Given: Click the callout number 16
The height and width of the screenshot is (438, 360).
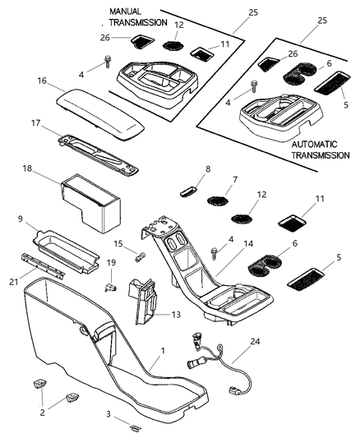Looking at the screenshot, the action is point(42,81).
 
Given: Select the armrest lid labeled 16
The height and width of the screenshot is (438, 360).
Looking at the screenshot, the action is point(100,113).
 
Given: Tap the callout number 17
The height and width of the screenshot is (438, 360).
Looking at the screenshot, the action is point(35,123).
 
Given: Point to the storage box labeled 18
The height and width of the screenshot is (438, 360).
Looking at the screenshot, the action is point(90,203).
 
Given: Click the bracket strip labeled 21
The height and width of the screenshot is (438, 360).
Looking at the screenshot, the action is point(43,266).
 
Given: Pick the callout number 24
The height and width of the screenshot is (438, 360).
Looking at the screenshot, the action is point(255,341).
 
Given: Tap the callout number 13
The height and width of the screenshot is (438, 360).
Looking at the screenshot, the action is point(176,315).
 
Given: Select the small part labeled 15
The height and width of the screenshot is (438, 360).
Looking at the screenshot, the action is point(141,256).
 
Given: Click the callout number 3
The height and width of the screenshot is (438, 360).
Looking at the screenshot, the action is point(108,414).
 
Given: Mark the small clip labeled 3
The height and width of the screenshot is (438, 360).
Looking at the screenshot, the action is point(136,427).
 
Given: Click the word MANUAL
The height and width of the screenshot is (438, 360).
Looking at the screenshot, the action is point(126,12).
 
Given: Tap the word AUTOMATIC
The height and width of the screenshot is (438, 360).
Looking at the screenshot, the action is point(315,145).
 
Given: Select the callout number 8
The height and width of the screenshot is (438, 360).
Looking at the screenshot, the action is point(208,169).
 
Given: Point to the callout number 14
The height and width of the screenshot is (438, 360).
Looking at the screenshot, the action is point(248,244).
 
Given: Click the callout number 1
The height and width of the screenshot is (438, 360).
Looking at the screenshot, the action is point(163,350).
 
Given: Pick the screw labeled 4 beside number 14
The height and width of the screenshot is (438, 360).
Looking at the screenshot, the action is point(215,254).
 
